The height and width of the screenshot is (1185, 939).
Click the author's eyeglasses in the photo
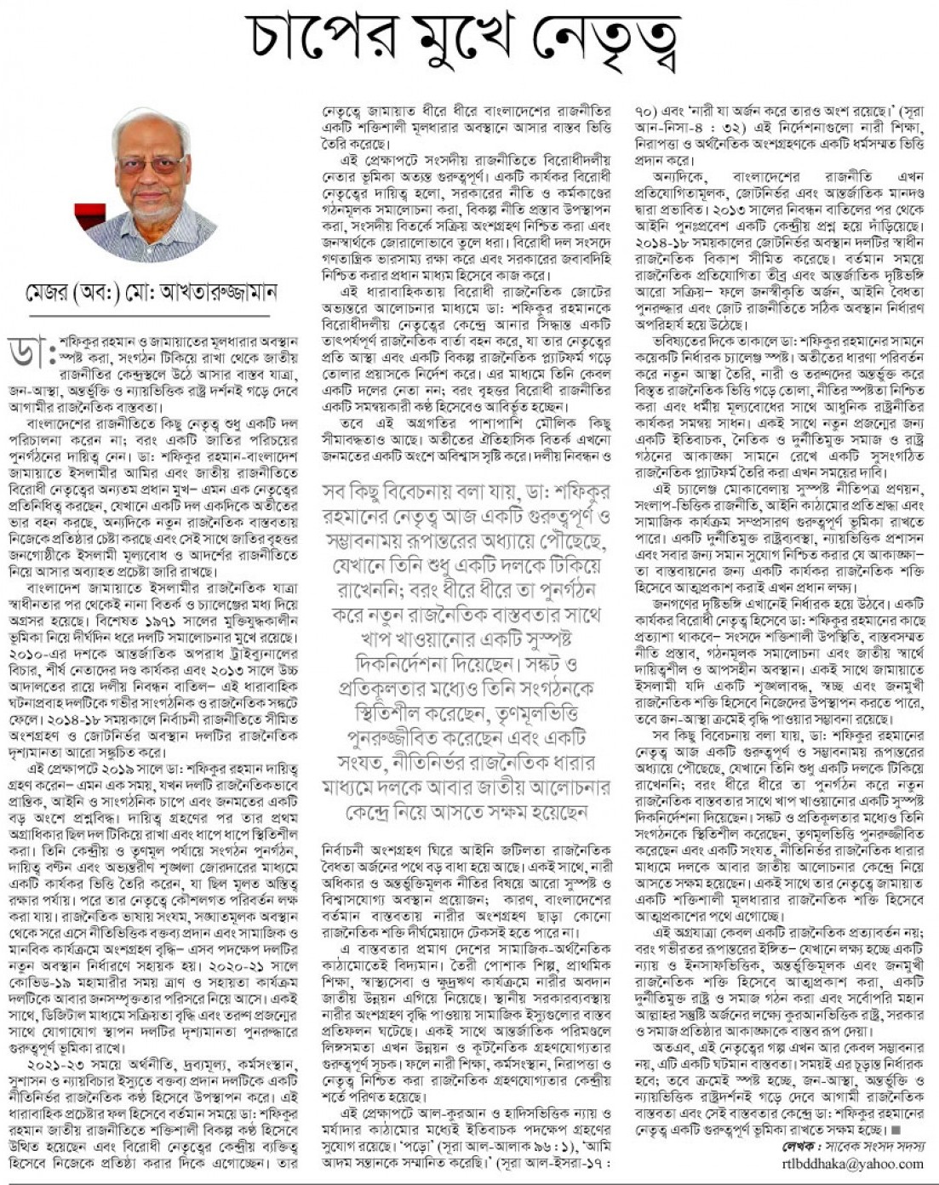152,163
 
